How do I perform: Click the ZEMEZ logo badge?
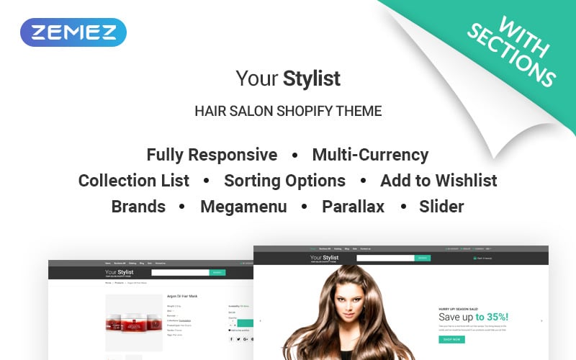click(73, 32)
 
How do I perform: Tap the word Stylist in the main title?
click(312, 78)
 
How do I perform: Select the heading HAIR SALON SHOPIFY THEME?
click(288, 112)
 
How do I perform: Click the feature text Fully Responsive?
click(212, 155)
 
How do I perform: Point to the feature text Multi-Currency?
click(370, 155)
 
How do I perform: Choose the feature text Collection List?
click(134, 181)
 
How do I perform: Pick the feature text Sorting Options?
click(284, 181)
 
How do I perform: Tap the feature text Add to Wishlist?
click(438, 181)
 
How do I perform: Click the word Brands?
click(138, 207)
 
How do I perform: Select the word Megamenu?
click(243, 207)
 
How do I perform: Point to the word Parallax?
click(353, 207)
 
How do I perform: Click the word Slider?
click(441, 207)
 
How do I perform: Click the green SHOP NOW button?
click(451, 339)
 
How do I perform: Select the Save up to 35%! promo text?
click(473, 317)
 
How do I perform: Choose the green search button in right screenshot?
click(423, 257)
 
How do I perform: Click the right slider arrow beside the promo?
click(541, 320)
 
